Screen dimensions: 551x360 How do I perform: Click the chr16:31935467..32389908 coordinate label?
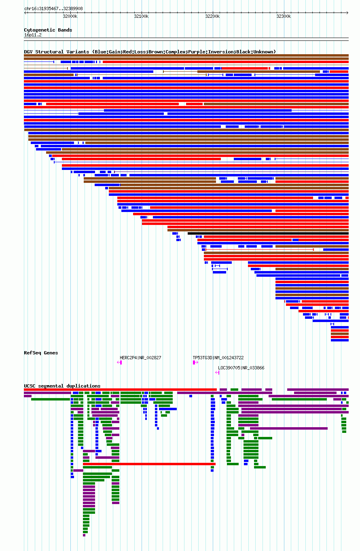click(53, 8)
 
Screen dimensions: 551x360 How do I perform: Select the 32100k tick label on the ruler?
click(141, 17)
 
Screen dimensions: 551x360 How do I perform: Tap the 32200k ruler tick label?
click(212, 17)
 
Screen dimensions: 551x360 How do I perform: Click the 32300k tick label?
click(284, 17)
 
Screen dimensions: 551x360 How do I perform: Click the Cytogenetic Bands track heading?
click(48, 30)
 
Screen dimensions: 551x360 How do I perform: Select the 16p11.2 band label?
click(33, 35)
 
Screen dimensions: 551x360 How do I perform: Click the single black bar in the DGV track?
click(268, 233)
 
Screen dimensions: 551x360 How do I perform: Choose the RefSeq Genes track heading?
click(41, 353)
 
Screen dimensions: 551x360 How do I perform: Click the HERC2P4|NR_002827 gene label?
click(140, 358)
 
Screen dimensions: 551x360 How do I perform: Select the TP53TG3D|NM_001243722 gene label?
click(218, 358)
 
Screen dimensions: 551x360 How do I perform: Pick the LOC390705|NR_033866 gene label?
click(241, 368)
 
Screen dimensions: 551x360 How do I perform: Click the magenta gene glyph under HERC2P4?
click(120, 362)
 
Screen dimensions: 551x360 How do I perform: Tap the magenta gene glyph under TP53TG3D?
click(195, 362)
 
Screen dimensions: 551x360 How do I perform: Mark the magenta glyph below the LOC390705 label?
click(217, 373)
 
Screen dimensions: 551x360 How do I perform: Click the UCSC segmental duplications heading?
click(62, 386)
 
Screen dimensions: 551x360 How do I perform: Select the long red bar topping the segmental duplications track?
click(120, 390)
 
